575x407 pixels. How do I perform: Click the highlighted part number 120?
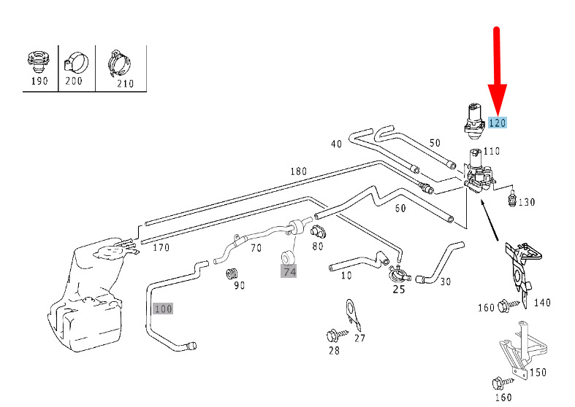coord(498,123)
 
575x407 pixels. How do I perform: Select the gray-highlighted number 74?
coord(289,272)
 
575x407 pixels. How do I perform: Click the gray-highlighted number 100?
coord(163,309)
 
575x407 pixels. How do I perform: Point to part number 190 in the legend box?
coord(39,81)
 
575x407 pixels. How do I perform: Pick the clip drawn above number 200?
coord(75,63)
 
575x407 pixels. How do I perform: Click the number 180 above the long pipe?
coord(299,171)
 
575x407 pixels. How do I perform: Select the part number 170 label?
coord(161,247)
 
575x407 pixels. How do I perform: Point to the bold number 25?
coord(399,290)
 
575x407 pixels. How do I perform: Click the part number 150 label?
coord(538,372)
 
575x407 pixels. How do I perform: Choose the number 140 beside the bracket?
coord(542,303)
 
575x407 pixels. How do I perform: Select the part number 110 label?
coord(491,151)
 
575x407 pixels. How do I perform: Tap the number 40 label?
coord(336,144)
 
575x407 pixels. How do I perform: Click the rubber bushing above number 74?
coord(289,257)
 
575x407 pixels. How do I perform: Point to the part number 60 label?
coord(400,208)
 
